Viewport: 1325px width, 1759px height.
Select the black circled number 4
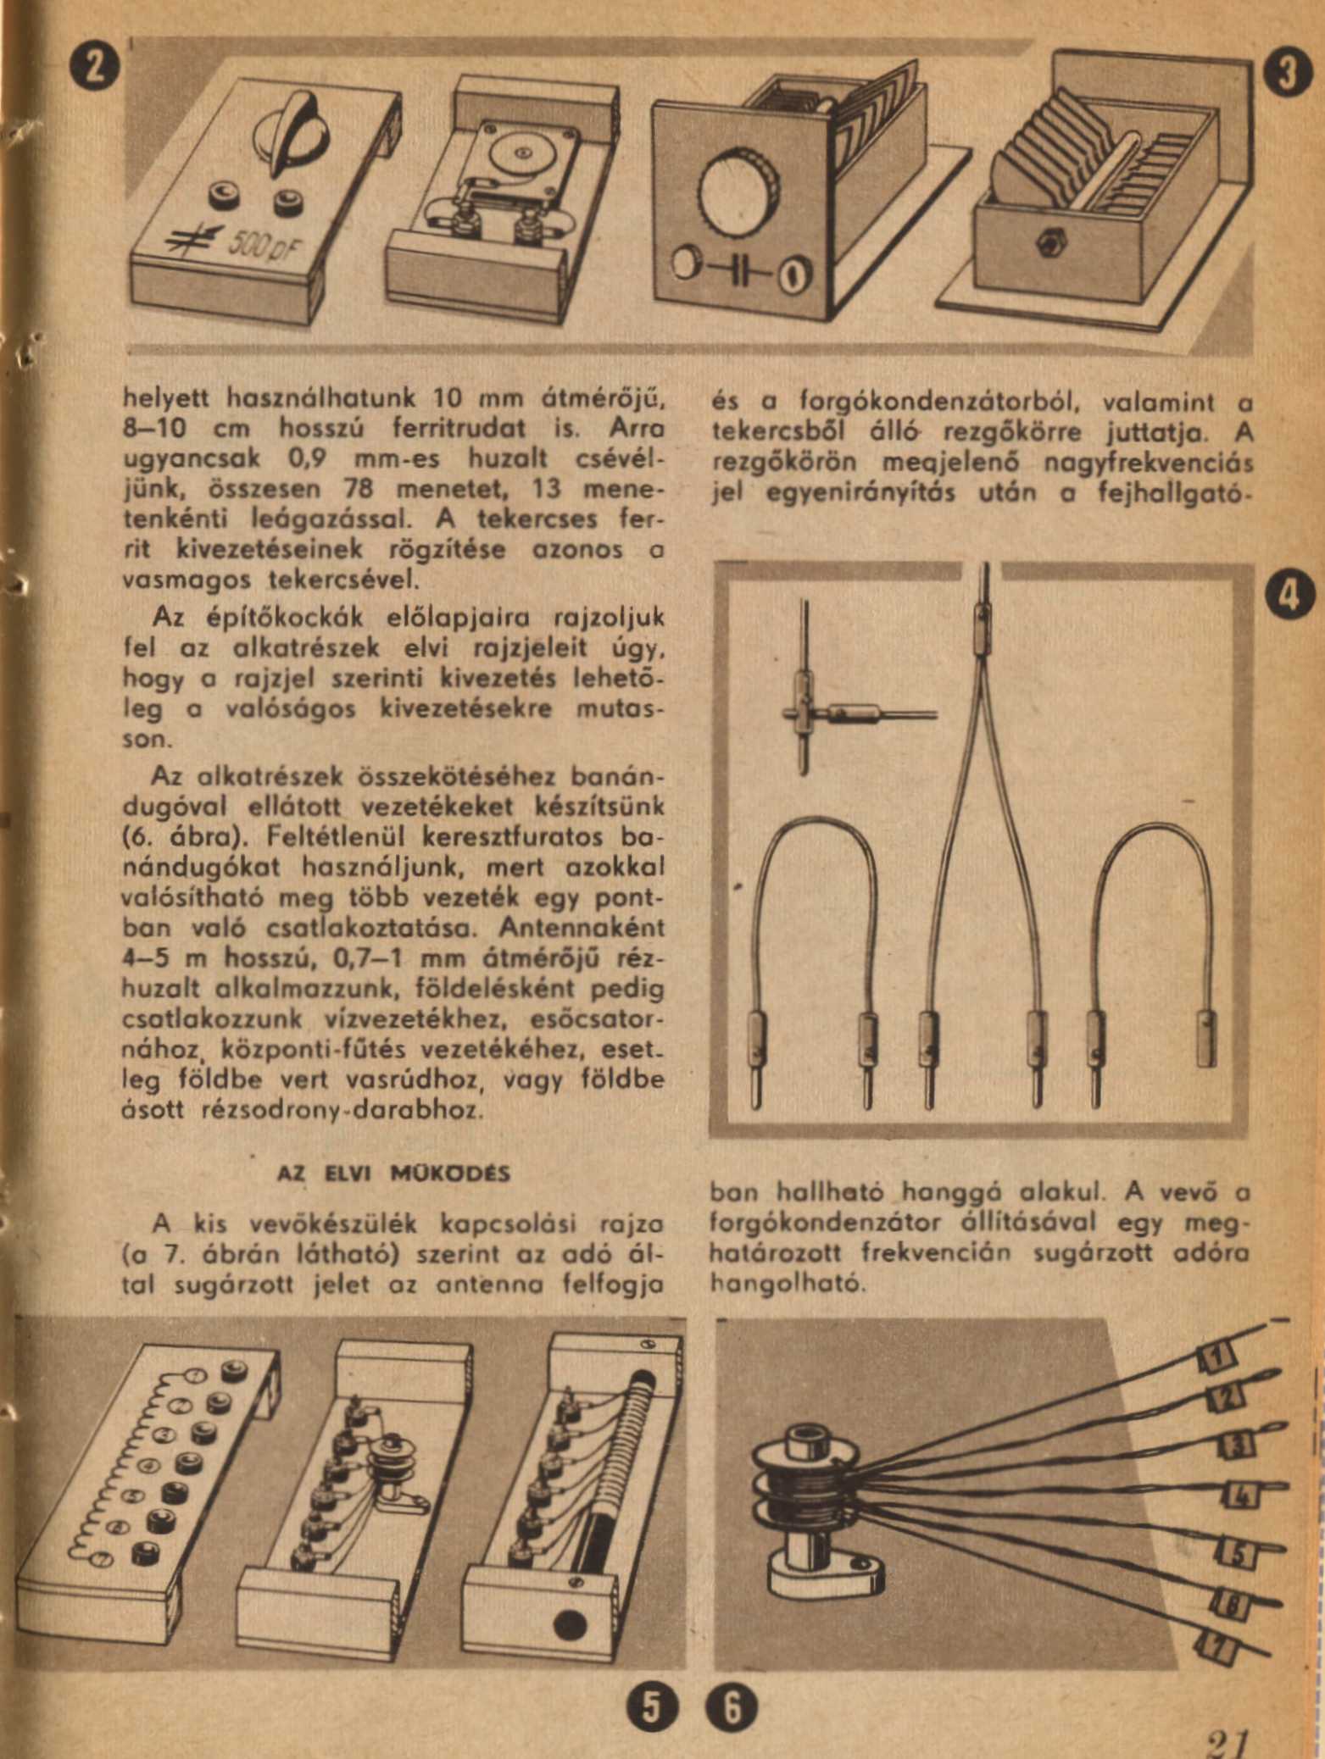(x=1289, y=593)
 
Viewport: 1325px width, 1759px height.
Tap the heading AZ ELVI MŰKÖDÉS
(x=394, y=1174)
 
